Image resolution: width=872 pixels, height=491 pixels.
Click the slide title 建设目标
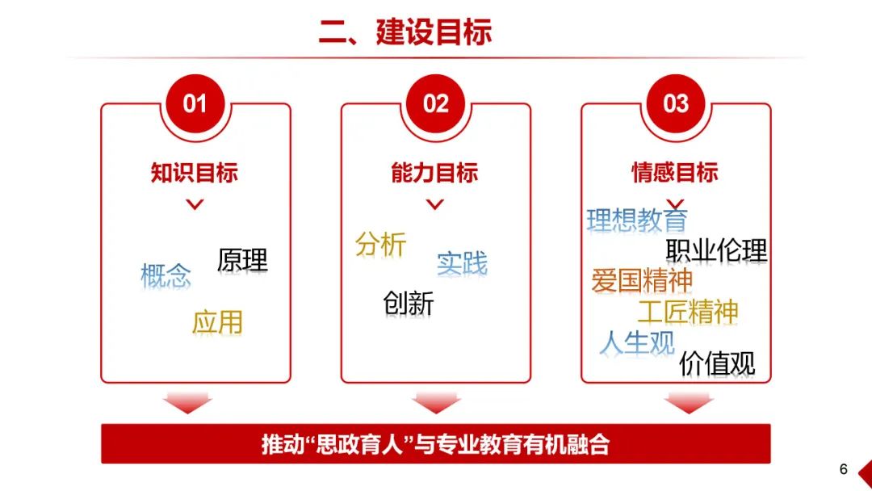tap(405, 31)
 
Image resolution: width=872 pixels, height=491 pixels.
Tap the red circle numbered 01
tap(195, 104)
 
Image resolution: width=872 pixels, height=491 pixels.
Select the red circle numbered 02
tap(435, 104)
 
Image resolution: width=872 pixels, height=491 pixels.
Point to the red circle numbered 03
tap(676, 104)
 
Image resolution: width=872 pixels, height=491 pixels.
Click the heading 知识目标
tap(194, 172)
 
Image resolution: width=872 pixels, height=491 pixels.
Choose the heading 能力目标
tap(434, 172)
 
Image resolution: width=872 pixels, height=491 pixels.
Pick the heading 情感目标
tap(674, 172)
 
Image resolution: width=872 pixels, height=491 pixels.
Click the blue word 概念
tap(166, 276)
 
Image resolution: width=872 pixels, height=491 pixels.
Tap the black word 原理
tap(242, 260)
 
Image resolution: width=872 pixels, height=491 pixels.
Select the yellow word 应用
tap(217, 322)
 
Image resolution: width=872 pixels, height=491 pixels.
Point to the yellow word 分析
tap(381, 244)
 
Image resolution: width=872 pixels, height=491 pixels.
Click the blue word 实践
tap(462, 263)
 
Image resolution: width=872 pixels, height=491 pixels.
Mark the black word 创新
tap(409, 304)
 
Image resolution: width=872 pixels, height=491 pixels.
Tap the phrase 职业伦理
tap(716, 250)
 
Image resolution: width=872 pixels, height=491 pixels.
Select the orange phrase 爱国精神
tap(642, 280)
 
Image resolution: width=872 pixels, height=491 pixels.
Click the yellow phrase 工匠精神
tap(688, 312)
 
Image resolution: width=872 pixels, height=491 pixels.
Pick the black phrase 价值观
tap(717, 363)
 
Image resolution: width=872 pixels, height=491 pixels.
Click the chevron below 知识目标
tap(195, 204)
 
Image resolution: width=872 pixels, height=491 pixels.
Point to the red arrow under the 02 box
tap(435, 403)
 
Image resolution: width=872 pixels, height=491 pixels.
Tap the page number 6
tap(843, 469)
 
